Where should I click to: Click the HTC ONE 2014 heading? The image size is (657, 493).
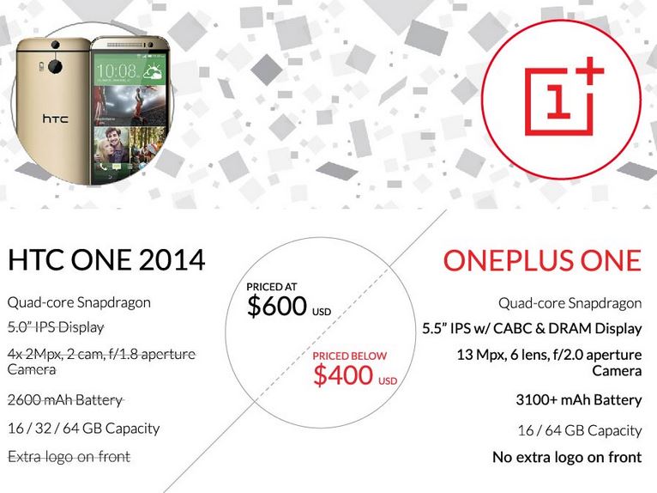(106, 259)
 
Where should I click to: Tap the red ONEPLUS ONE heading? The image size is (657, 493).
(542, 260)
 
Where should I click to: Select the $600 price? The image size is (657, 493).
(277, 306)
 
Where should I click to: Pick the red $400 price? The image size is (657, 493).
(343, 374)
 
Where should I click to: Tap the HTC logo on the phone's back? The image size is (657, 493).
(55, 119)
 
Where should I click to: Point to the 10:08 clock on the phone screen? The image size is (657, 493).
(116, 70)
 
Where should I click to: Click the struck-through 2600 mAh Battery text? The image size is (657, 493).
(65, 400)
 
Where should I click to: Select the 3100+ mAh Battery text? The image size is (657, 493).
(579, 400)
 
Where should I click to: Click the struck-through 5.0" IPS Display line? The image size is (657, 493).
(56, 327)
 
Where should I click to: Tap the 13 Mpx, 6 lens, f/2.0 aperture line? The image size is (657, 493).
(549, 355)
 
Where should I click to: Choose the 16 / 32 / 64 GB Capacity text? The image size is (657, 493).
(84, 429)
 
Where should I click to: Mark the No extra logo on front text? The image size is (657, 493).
(567, 457)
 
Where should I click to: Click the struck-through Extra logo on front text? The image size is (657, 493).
(69, 456)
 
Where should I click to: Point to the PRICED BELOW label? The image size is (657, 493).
(349, 356)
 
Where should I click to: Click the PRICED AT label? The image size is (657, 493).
(272, 287)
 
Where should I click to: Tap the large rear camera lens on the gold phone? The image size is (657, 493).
(55, 66)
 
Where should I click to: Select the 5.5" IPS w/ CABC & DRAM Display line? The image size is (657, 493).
(532, 329)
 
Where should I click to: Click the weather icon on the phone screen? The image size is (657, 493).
(153, 71)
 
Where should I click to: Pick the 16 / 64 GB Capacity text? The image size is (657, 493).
(580, 430)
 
